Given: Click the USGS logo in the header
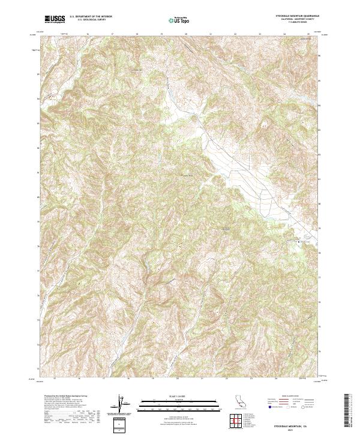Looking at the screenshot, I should pos(55,19).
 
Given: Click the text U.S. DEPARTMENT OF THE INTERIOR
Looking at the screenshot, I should pos(91,17).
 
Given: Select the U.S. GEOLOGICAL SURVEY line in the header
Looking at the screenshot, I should pos(88,20).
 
